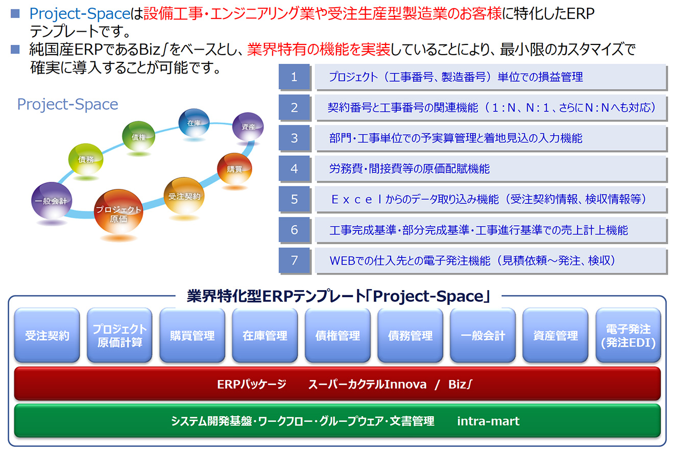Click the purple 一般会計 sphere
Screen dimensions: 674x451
(52, 200)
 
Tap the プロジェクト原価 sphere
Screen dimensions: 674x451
(118, 211)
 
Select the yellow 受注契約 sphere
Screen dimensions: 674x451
(184, 195)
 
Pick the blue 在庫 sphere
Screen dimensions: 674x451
(194, 122)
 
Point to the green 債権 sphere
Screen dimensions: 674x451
(139, 136)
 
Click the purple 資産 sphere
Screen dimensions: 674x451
(248, 127)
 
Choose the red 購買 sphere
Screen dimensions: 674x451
(235, 169)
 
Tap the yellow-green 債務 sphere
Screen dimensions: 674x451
(86, 159)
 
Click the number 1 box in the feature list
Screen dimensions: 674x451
(294, 77)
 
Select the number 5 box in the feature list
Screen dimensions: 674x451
(294, 199)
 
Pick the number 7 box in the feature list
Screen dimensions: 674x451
(294, 260)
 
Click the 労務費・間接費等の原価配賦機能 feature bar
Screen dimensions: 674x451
(491, 169)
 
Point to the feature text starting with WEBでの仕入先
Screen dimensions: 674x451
(472, 260)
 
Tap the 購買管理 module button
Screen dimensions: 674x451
(192, 335)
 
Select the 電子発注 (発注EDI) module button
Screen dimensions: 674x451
(628, 335)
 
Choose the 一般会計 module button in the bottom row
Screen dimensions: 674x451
(483, 335)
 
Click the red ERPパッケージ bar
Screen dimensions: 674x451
(338, 384)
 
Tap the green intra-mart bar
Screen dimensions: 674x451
(338, 421)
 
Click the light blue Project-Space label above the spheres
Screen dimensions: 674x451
(67, 105)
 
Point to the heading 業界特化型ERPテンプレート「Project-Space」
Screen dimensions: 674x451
(339, 296)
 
